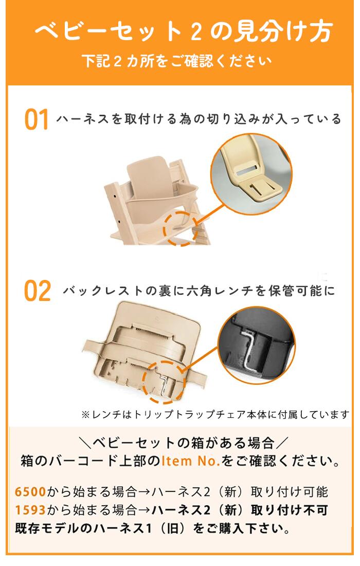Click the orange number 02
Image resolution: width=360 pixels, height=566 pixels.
pyautogui.click(x=38, y=291)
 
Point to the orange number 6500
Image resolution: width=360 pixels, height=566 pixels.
pyautogui.click(x=30, y=492)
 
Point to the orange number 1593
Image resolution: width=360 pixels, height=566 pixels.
pyautogui.click(x=30, y=510)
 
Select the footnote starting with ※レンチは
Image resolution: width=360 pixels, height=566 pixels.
pyautogui.click(x=215, y=414)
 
